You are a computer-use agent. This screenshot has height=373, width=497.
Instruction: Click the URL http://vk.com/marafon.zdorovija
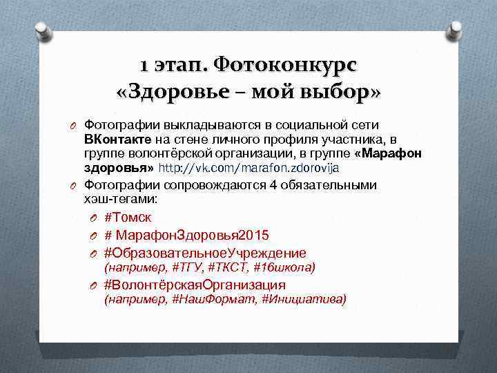tap(249, 168)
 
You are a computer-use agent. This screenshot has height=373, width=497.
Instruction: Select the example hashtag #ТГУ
tap(186, 267)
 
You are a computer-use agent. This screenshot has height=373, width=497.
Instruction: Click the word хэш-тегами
tap(120, 198)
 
